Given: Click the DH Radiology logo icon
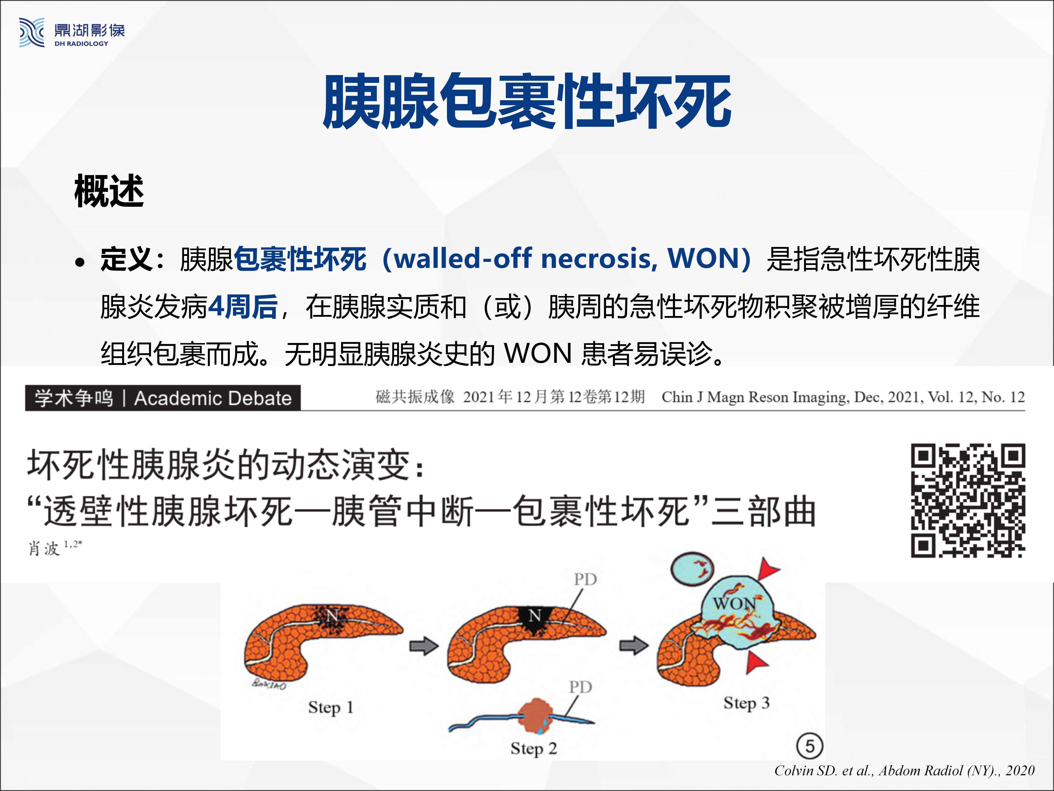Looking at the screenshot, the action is (x=31, y=32).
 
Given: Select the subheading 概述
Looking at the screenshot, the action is (x=109, y=191).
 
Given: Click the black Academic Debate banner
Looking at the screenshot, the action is (x=163, y=398).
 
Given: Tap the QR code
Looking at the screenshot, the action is (x=968, y=501).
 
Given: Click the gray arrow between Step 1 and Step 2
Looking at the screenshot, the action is (x=424, y=646).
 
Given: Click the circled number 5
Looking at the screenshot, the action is (x=810, y=746).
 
